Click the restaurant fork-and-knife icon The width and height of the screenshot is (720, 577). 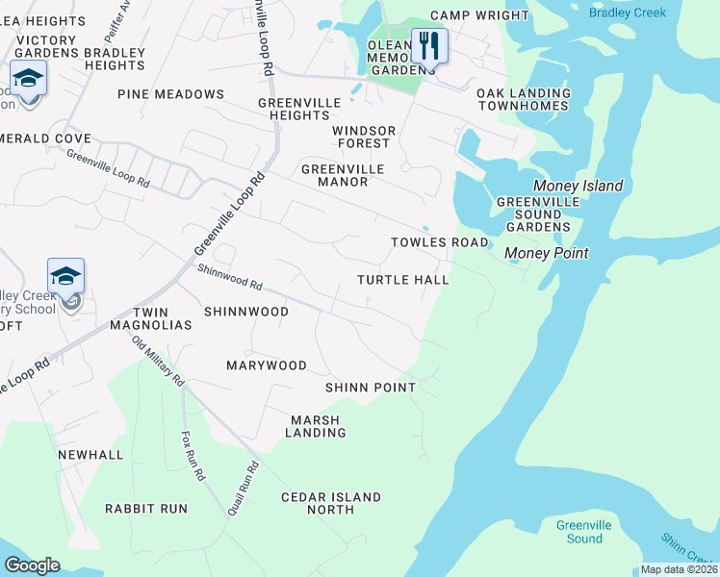coord(429,45)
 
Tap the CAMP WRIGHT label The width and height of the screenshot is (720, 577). coord(479,15)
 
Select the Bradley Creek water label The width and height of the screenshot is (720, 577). coord(627,13)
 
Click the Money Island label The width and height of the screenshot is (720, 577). coord(579,186)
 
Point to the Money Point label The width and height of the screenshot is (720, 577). coord(547,252)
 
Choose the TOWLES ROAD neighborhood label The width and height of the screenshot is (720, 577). coord(439,242)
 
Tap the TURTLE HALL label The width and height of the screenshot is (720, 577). coord(403,280)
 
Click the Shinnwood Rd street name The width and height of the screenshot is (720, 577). coord(230,278)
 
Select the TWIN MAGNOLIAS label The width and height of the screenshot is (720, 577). coord(162,319)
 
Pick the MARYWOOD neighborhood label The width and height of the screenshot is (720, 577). coord(266,365)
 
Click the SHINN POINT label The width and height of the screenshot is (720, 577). coord(371,388)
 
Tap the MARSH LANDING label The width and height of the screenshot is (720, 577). coord(315,426)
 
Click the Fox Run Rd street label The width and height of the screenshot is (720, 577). coord(193,456)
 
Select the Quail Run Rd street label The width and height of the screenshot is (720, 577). coord(244,489)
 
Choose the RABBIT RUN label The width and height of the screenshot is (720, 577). coord(146,508)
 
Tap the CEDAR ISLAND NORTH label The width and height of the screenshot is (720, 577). coord(330,503)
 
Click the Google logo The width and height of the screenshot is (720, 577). coord(32,565)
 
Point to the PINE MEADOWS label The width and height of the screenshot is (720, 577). coord(170,94)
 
